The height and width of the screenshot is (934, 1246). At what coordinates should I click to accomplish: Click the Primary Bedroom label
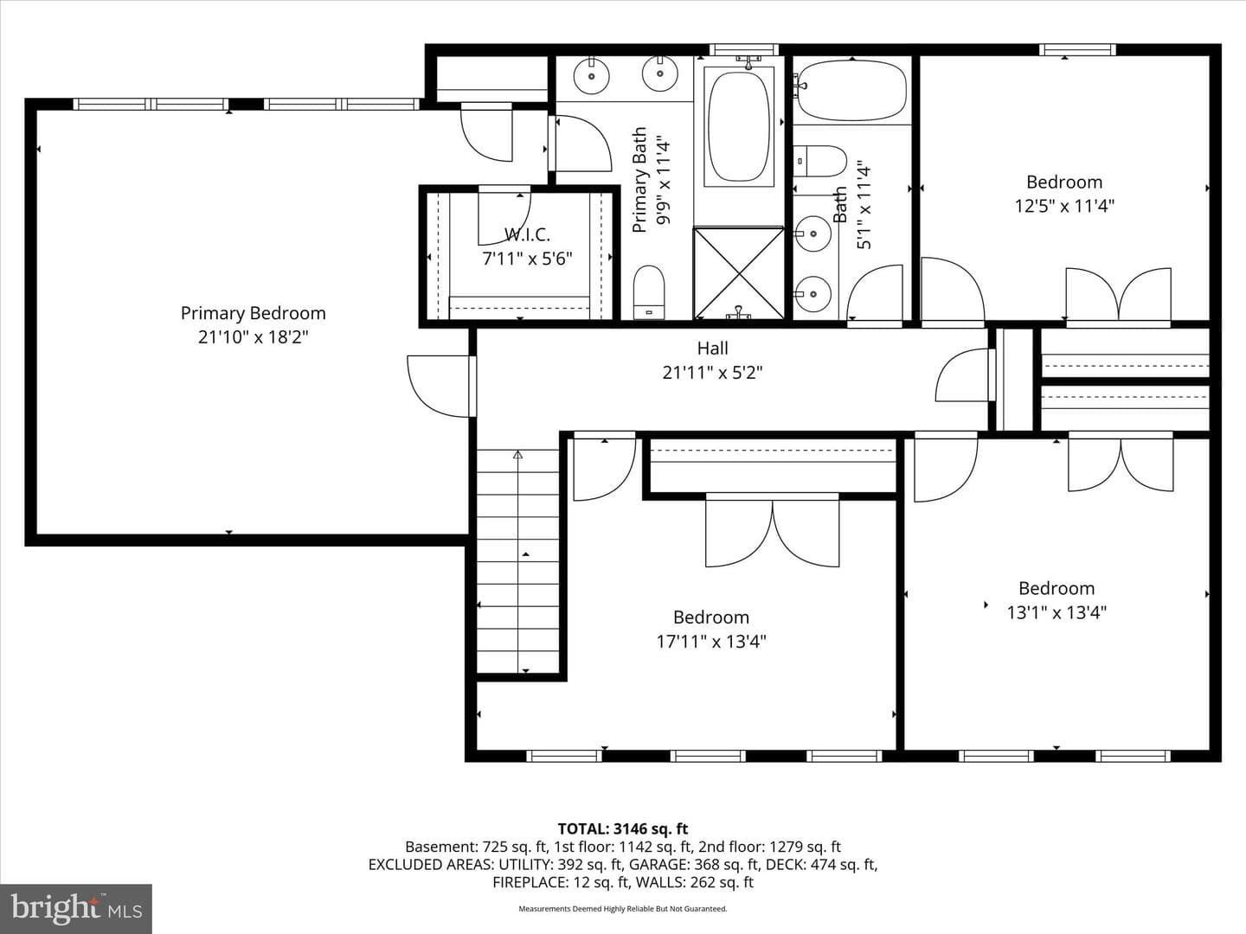click(254, 313)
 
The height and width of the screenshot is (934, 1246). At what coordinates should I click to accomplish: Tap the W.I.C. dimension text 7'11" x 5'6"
click(527, 259)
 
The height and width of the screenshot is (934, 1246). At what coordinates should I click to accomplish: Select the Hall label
click(712, 348)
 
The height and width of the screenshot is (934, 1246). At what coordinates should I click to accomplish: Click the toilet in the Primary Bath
click(649, 292)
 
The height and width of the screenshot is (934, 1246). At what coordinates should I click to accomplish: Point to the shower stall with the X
click(739, 273)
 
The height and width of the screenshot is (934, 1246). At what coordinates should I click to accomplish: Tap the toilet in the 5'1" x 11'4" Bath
click(819, 161)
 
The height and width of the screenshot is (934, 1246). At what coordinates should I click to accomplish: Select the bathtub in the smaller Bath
click(852, 91)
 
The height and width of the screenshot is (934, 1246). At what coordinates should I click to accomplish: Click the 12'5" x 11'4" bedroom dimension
click(1064, 206)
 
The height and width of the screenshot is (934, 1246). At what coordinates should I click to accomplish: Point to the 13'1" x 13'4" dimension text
click(1057, 613)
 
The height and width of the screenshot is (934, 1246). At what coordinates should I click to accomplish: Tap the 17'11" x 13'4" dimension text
click(711, 642)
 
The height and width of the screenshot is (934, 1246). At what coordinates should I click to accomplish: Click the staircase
click(517, 561)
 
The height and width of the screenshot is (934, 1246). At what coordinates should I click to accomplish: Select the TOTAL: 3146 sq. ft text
click(623, 829)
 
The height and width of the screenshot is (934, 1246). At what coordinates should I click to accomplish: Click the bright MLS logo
click(76, 908)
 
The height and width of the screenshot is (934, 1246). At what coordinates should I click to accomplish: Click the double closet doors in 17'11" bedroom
click(772, 529)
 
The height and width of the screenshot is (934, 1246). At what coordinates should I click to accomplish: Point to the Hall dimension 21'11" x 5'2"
click(712, 373)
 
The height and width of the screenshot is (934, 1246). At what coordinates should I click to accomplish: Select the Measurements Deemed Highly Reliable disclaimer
click(623, 909)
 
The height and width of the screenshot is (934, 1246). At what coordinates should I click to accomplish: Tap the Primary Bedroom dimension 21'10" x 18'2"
click(254, 337)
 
